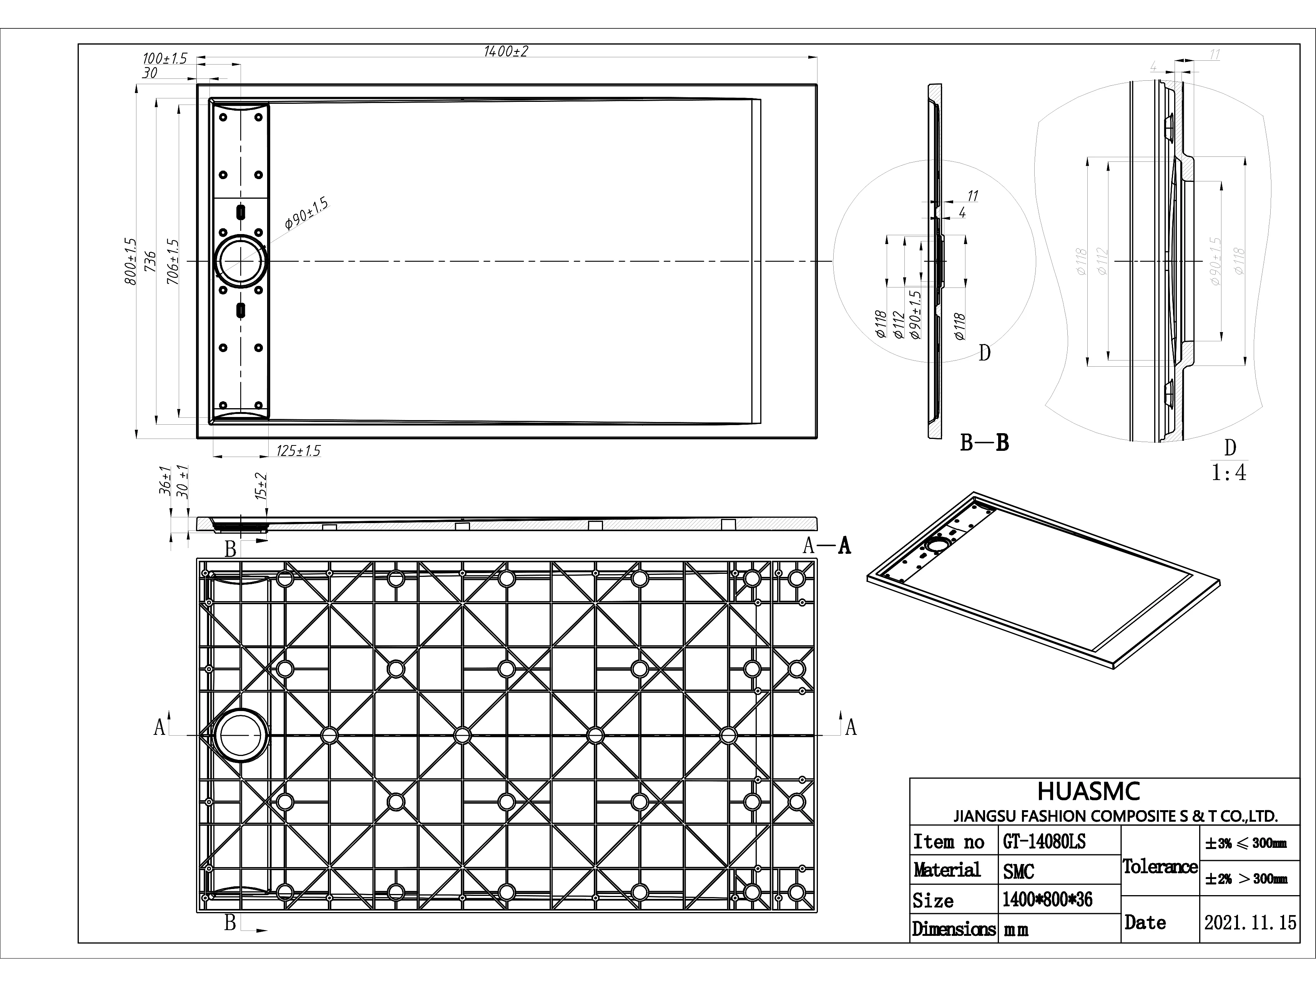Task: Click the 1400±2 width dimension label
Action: (x=506, y=52)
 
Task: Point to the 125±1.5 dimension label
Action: (x=298, y=451)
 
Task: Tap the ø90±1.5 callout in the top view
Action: (x=306, y=214)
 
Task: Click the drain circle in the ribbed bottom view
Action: (x=241, y=735)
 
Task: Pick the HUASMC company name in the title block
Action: (x=1089, y=792)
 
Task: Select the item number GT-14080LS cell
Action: (x=1044, y=842)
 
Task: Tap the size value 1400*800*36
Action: (x=1047, y=899)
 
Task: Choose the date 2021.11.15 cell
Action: (x=1250, y=923)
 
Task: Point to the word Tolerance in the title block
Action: (x=1160, y=867)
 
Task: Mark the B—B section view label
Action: (x=985, y=443)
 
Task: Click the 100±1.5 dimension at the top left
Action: (x=165, y=59)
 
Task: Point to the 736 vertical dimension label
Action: (x=151, y=261)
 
